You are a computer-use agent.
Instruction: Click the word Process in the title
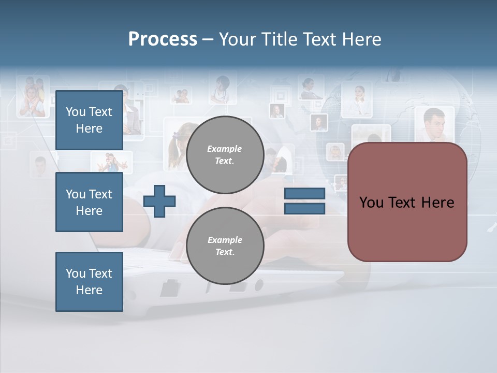tap(163, 39)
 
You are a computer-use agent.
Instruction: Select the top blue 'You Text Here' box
tap(89, 120)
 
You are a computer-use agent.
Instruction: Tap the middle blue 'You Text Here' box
tap(89, 202)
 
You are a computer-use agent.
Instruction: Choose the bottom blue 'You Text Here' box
tap(89, 281)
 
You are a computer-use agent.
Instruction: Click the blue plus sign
tap(159, 200)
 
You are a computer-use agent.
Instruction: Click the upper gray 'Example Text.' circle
tap(225, 155)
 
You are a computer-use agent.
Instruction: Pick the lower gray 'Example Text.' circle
tap(225, 246)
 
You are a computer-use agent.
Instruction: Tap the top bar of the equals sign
tap(304, 193)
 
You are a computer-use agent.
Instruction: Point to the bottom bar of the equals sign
tap(304, 208)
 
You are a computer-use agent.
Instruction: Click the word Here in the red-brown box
tap(437, 203)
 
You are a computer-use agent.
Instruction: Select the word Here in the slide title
tap(362, 39)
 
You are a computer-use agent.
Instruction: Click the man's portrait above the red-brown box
tap(434, 124)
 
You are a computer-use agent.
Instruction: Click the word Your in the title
tap(237, 39)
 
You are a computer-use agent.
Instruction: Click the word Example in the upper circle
tap(225, 149)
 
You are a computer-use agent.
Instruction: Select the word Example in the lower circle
tap(225, 240)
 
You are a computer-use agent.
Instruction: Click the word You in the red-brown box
tap(371, 203)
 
